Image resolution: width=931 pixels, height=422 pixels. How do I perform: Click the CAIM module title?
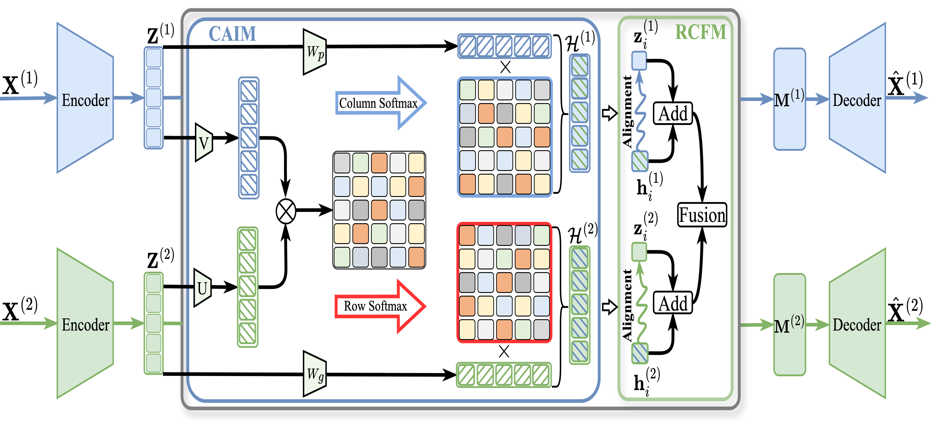[232, 34]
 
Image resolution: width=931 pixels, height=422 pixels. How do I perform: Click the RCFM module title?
[700, 33]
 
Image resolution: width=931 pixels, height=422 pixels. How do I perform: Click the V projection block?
[203, 143]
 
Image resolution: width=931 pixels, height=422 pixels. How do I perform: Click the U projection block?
[202, 288]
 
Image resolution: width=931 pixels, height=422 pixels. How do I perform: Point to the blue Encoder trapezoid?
[85, 98]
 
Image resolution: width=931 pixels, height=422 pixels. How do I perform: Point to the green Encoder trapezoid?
[85, 324]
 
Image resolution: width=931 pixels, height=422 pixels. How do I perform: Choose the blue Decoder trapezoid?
[857, 98]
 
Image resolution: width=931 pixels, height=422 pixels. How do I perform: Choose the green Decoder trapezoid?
[857, 324]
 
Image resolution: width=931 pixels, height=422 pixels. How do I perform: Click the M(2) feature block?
[789, 325]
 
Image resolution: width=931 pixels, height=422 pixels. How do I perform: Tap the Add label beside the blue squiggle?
[672, 114]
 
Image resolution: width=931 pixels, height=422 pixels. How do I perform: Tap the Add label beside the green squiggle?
[672, 303]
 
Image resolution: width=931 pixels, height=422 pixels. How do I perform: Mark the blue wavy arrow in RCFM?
[640, 112]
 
